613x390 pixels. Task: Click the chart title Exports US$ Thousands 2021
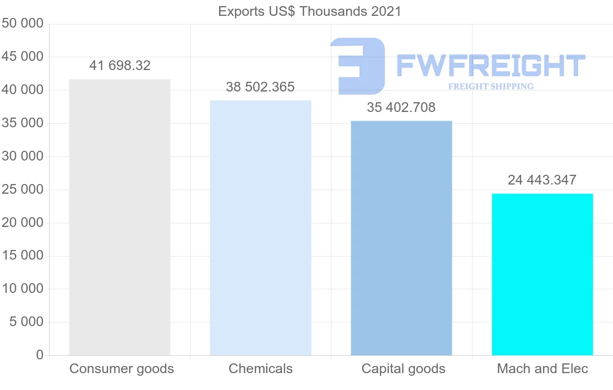(310, 11)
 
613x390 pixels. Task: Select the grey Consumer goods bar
(120, 217)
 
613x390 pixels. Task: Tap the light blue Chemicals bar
(261, 227)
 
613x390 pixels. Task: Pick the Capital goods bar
(402, 238)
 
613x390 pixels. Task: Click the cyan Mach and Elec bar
(542, 274)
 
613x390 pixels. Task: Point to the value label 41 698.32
(120, 65)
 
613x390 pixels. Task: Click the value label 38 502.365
(261, 87)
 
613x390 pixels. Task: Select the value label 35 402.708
(402, 107)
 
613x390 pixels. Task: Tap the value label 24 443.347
(542, 180)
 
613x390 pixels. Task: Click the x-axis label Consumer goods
(122, 369)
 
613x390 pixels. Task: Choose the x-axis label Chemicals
(261, 369)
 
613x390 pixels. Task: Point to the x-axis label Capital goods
(404, 369)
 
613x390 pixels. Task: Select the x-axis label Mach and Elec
(543, 369)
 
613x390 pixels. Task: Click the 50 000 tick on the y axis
(22, 24)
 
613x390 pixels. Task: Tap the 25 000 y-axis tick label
(22, 190)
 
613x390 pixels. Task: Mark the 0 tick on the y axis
(40, 355)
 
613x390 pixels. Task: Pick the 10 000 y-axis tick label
(22, 289)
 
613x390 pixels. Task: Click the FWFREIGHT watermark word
(490, 65)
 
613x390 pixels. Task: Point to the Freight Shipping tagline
(491, 86)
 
